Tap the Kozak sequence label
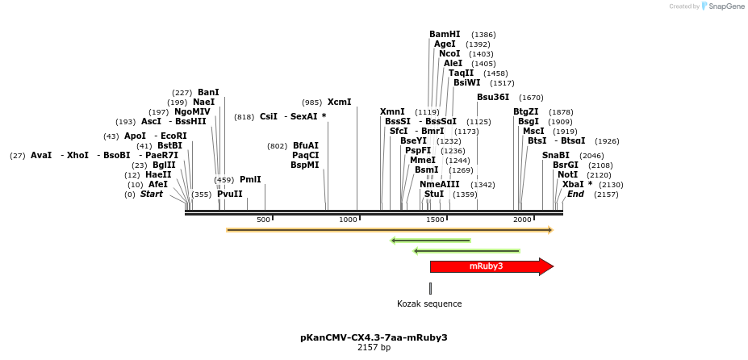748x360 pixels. [429, 304]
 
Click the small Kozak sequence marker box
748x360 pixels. [430, 288]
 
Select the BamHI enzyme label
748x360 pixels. [445, 34]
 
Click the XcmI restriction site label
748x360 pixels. [339, 103]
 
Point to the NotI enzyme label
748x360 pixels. [567, 174]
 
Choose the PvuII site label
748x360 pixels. [229, 194]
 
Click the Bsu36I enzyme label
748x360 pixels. [493, 97]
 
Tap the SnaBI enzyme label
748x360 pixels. [555, 155]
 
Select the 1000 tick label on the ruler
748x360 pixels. [348, 220]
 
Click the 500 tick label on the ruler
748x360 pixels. [263, 220]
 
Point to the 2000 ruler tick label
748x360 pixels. [522, 220]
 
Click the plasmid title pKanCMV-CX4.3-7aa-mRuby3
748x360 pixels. [374, 337]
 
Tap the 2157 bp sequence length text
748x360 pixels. [374, 348]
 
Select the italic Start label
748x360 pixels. [152, 194]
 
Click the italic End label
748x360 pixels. [575, 194]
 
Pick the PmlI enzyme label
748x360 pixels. [250, 179]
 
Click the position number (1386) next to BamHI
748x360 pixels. [483, 35]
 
